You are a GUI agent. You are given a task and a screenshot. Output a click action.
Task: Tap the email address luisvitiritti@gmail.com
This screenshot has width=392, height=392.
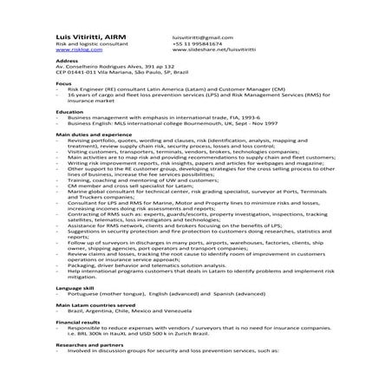point(202,38)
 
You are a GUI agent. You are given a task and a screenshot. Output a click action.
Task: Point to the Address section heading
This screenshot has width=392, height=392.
point(67,61)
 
